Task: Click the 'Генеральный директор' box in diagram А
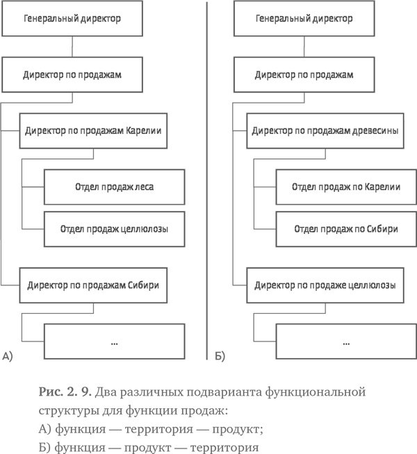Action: tap(73, 19)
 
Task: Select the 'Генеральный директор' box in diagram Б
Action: tap(303, 19)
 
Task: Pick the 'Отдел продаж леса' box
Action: tap(115, 186)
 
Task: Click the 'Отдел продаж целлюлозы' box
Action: tap(115, 228)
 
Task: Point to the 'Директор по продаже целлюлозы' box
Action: tap(325, 285)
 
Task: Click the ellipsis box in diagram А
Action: tap(115, 342)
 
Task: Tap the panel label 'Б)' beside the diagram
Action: tap(219, 357)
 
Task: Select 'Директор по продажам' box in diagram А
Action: tap(73, 74)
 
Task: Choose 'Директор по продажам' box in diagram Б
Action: tap(303, 74)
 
